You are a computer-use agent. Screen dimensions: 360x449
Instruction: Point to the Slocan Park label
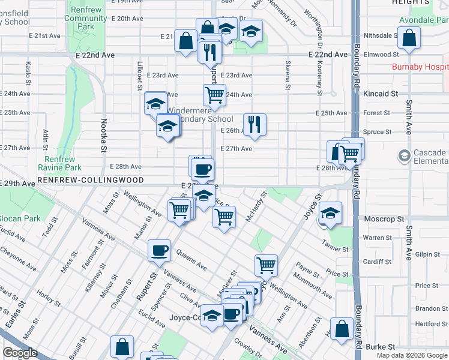coord(20,218)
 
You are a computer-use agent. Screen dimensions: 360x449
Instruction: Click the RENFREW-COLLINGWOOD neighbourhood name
coord(90,180)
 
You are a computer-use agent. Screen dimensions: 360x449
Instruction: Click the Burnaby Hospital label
coord(420,67)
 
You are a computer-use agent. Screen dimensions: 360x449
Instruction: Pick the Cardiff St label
coord(377,262)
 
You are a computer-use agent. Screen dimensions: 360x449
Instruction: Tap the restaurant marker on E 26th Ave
coord(255,124)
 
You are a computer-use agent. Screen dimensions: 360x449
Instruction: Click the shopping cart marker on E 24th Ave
coord(214,94)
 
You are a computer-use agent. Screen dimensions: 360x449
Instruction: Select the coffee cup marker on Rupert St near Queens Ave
coord(159,250)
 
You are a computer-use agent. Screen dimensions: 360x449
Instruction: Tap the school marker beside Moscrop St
coord(330,213)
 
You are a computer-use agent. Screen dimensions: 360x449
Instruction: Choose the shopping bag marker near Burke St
coord(342,329)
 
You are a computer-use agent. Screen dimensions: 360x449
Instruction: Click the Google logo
coord(20,353)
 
